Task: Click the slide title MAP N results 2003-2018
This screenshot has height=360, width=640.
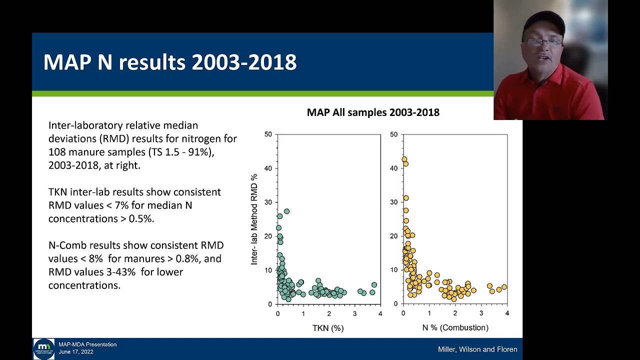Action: (x=169, y=62)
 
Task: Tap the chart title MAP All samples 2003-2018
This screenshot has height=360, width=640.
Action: (x=373, y=112)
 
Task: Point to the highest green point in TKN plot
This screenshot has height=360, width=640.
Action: (x=286, y=211)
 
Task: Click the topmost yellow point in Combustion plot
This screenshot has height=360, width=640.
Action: (x=404, y=159)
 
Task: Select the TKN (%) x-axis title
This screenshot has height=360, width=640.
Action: (x=328, y=328)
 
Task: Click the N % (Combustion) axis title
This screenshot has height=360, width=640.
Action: (x=454, y=327)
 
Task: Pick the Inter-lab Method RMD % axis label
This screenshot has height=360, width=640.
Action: (x=254, y=219)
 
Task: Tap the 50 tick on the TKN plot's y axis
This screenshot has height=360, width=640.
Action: (x=268, y=134)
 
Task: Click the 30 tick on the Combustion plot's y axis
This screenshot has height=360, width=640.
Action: (x=393, y=202)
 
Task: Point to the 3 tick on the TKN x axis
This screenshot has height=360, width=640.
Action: (x=354, y=313)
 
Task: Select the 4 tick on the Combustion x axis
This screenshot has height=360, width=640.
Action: (x=507, y=313)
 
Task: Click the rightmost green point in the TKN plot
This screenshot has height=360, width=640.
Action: (x=374, y=285)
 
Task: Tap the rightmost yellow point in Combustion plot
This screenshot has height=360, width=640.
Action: (x=504, y=287)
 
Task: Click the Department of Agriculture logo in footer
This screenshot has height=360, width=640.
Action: (x=44, y=349)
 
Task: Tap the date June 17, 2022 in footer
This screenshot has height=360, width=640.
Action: (x=76, y=352)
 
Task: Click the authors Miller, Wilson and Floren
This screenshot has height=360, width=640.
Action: (x=477, y=349)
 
